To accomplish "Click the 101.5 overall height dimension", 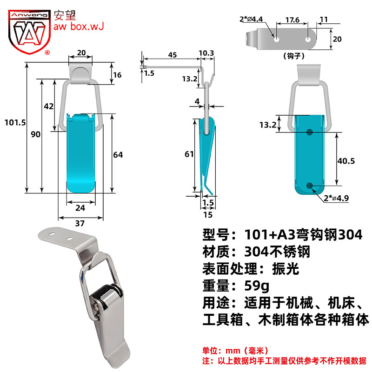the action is [15, 122].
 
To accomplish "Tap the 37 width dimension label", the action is [80, 223].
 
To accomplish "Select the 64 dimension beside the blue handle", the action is [118, 155].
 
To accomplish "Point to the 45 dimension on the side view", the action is [173, 55].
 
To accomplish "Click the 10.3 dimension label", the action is [206, 53].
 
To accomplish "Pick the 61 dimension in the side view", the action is [189, 154].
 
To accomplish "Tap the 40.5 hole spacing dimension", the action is [346, 161].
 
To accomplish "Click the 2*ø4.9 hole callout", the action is [336, 198].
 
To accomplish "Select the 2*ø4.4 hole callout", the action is [251, 19].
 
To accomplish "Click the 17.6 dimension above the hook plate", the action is [292, 20].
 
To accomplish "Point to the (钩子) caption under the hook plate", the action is [294, 56].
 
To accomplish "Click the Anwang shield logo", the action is [29, 32].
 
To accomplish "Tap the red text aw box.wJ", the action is [79, 27].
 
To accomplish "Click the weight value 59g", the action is [257, 286].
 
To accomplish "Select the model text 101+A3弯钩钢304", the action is [303, 235].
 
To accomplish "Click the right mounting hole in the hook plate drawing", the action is [308, 39].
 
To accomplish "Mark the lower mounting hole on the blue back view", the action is [309, 186].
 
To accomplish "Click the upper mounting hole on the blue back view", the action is [309, 132].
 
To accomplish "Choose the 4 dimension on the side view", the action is [197, 101].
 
